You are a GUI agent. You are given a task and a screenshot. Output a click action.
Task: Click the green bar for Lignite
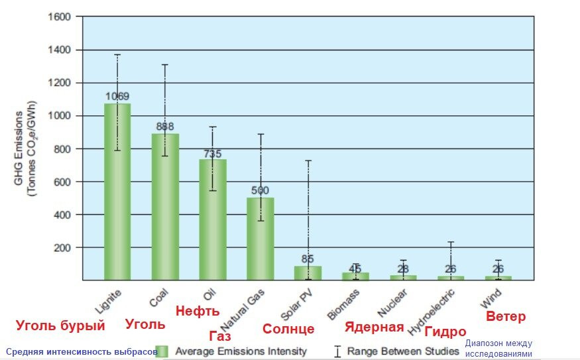click(x=117, y=192)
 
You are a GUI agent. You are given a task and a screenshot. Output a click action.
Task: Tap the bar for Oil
click(x=213, y=219)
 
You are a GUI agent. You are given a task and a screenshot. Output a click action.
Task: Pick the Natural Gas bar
click(x=261, y=239)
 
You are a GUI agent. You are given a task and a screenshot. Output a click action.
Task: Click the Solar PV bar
click(x=308, y=272)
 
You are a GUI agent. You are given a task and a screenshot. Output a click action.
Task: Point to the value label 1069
click(x=117, y=96)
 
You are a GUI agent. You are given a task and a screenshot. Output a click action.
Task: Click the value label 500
click(x=261, y=191)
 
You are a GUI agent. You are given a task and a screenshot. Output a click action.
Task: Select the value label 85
click(x=308, y=259)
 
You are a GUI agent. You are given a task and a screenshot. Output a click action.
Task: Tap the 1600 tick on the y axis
click(x=60, y=17)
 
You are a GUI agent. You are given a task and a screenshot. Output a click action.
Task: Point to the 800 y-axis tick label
click(x=63, y=149)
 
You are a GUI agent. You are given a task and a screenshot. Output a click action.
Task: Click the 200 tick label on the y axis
click(x=63, y=247)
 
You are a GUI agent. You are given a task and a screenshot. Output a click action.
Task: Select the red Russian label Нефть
click(x=197, y=311)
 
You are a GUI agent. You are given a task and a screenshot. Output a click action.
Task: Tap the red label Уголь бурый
click(x=60, y=326)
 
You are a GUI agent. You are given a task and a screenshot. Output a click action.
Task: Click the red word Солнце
click(x=288, y=329)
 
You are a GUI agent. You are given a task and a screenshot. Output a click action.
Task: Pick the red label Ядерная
click(x=375, y=326)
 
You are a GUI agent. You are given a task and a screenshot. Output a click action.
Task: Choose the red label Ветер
click(x=506, y=316)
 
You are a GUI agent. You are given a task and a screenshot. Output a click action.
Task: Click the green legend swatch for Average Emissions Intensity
click(x=162, y=351)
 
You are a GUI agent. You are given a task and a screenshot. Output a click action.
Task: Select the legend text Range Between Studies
click(x=403, y=351)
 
